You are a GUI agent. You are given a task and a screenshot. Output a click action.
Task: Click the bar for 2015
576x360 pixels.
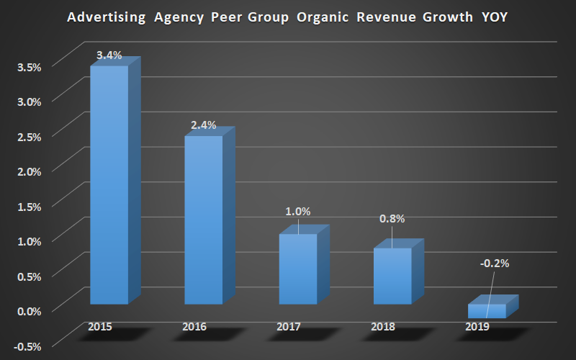point(109,184)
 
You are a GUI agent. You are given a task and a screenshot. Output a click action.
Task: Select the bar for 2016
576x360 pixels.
point(204,220)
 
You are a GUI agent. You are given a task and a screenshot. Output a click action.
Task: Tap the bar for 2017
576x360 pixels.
point(297,269)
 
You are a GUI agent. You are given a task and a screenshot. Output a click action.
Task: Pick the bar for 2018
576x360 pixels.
point(392,276)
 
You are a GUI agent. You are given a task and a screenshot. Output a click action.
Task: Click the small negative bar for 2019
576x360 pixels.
point(487,310)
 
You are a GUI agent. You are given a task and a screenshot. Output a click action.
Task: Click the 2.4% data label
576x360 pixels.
point(204,125)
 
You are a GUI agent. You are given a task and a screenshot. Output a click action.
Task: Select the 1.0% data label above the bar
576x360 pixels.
point(297,212)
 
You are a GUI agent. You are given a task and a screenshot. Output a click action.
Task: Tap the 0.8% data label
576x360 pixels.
point(392,219)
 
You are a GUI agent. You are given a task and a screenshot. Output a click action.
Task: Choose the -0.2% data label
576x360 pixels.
point(495,264)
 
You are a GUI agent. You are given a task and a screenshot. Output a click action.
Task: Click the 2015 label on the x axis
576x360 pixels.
point(99,327)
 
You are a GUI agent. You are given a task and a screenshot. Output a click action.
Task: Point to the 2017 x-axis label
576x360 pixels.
point(288,327)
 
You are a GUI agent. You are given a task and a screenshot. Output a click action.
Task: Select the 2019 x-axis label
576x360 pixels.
point(477,327)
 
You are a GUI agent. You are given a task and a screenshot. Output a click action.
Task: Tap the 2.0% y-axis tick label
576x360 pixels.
point(30,171)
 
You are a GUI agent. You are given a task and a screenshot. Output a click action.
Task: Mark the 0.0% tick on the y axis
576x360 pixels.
point(30,310)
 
